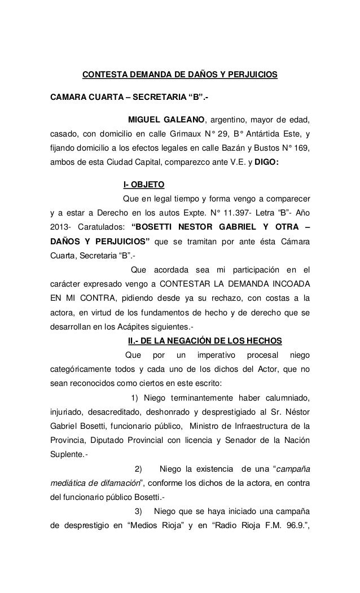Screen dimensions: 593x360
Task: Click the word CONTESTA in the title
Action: [104, 74]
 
